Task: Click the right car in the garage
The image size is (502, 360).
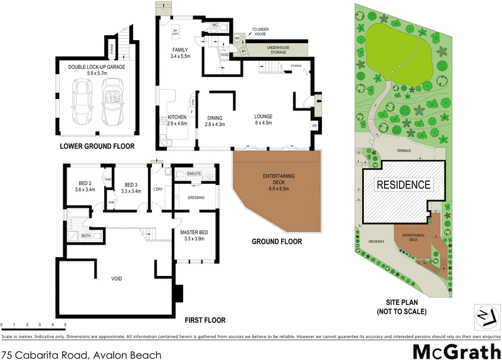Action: tap(114, 103)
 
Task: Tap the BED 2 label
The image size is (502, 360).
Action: tap(85, 185)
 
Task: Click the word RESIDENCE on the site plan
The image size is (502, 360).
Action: tap(403, 184)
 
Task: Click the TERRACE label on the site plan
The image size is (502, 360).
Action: tap(404, 151)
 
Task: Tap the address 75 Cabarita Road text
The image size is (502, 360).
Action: tap(82, 354)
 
